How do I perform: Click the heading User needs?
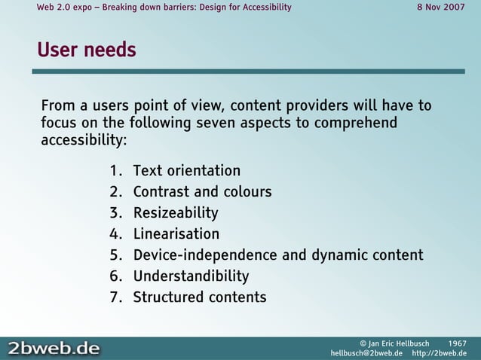[x=87, y=50]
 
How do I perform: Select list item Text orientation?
[x=187, y=171]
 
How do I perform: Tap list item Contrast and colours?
[x=202, y=192]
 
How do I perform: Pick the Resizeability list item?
[x=176, y=213]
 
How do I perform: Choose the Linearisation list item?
[x=176, y=234]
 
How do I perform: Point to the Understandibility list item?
[x=191, y=276]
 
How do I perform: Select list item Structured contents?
[x=200, y=297]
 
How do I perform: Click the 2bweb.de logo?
[x=54, y=348]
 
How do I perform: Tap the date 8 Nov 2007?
[x=441, y=8]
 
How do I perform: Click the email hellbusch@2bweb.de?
[x=366, y=353]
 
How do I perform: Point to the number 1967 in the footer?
[x=457, y=343]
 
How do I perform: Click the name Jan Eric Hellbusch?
[x=399, y=343]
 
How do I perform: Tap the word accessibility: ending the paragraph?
[x=84, y=141]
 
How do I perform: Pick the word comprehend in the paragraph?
[x=358, y=123]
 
